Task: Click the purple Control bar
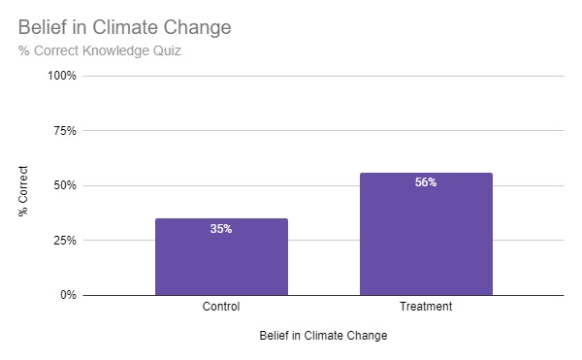[221, 256]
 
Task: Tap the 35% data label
[221, 230]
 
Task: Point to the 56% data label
[426, 182]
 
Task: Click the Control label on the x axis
[221, 308]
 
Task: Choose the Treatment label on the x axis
[426, 308]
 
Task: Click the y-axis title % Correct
[24, 190]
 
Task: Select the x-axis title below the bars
[323, 337]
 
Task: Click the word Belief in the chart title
[42, 27]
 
